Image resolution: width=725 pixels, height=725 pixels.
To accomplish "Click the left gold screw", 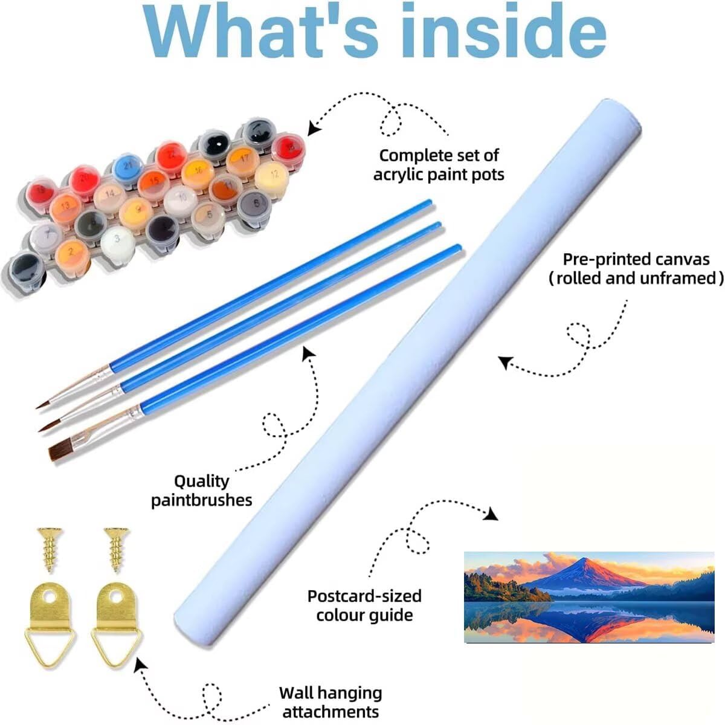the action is point(50,550).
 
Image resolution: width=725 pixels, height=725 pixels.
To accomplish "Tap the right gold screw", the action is point(117,550).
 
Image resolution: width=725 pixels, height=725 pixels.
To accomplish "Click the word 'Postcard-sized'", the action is point(364,596).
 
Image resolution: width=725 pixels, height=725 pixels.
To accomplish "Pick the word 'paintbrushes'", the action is point(202,500).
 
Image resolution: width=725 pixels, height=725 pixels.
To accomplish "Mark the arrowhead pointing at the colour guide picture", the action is point(491,514).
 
